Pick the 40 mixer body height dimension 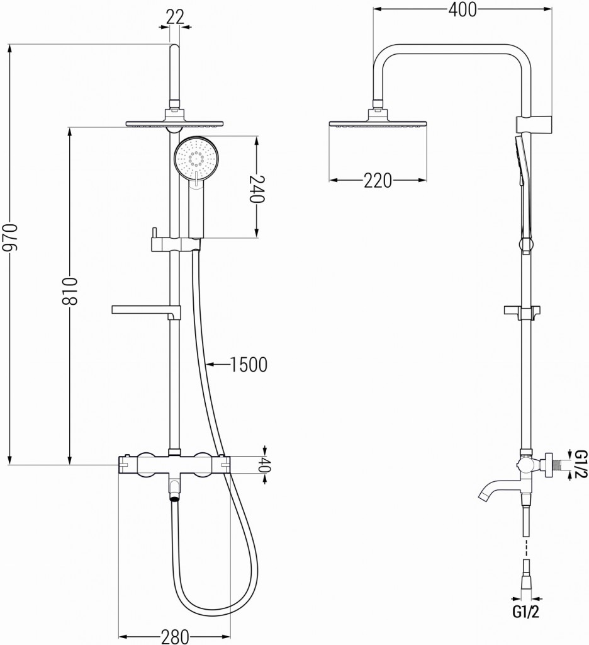[264, 465]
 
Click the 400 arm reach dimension [462, 9]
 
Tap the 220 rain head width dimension [378, 181]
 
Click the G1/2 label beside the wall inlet [580, 464]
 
